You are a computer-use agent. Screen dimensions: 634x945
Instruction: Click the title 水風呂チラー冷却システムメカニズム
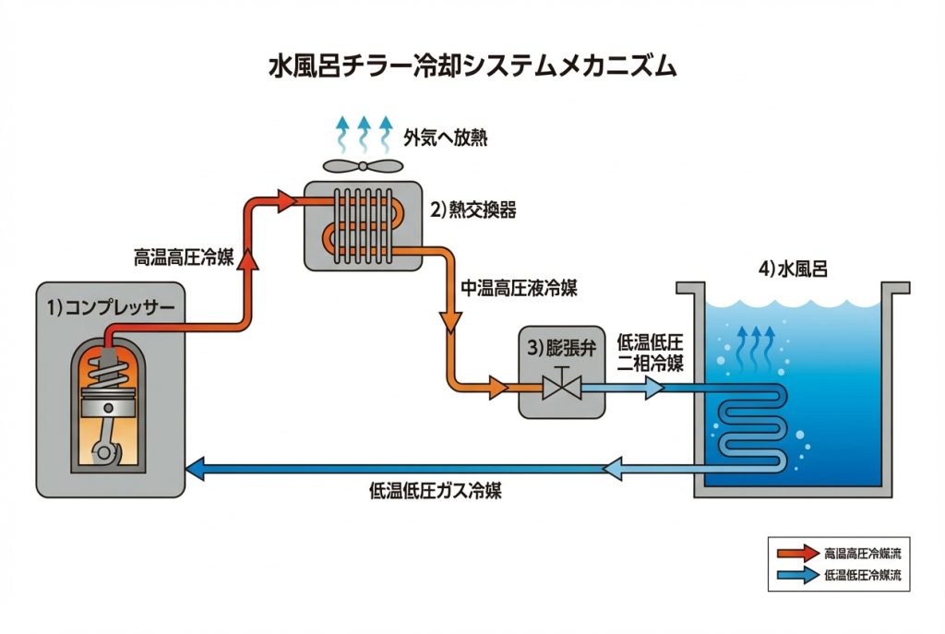(x=472, y=67)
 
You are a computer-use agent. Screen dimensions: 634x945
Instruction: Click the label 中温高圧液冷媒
(x=519, y=288)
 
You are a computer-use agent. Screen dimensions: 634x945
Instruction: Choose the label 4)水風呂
(x=792, y=270)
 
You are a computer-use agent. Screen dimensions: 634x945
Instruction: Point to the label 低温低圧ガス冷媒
(x=441, y=491)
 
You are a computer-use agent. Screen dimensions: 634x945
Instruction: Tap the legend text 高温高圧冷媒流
(x=863, y=554)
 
